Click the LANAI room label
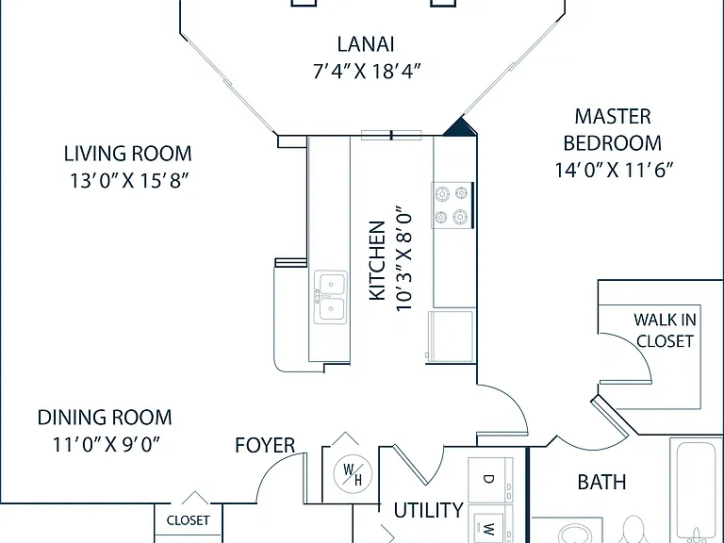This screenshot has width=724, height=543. [x=366, y=44]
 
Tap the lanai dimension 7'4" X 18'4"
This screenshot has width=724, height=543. [x=367, y=71]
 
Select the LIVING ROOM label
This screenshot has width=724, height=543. [x=127, y=154]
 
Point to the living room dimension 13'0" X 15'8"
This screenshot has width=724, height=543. [x=129, y=181]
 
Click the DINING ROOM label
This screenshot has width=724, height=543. [x=105, y=418]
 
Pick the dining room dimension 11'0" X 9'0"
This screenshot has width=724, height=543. [x=106, y=445]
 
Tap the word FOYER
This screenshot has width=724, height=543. [x=265, y=446]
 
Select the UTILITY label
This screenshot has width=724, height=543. [x=428, y=511]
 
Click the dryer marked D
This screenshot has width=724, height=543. [x=490, y=480]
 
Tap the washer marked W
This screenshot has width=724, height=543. [x=490, y=524]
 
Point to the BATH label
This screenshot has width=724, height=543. [x=601, y=482]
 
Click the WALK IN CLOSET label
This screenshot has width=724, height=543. [x=665, y=330]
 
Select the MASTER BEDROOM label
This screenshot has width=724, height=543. [x=612, y=130]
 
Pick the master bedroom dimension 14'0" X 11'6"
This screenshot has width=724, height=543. [x=614, y=170]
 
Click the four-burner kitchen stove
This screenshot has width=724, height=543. [x=452, y=205]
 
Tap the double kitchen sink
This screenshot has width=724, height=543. [x=331, y=297]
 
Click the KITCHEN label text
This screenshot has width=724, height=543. [x=377, y=260]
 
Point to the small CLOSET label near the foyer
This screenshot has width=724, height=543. [x=188, y=520]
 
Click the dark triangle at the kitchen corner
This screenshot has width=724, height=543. [x=460, y=127]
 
